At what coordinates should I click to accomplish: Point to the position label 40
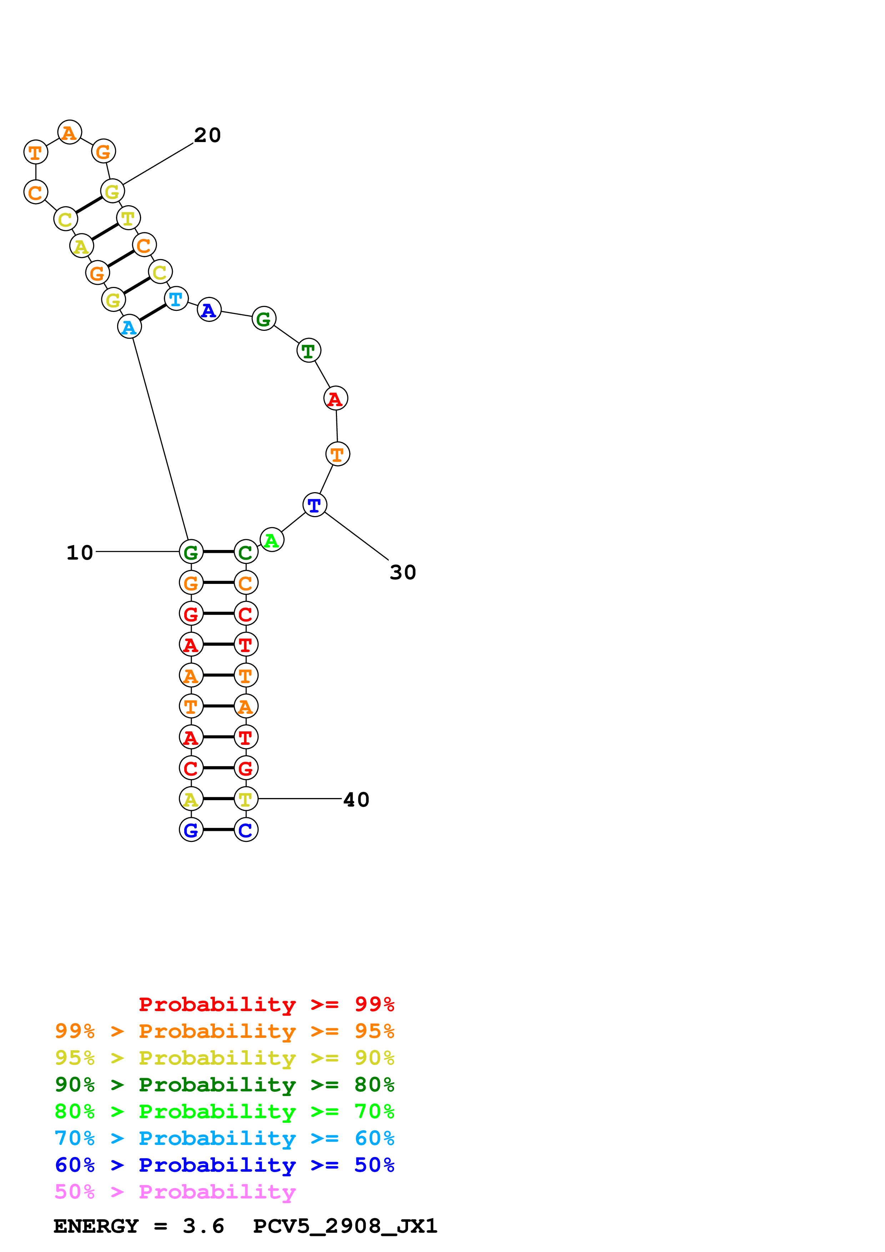tap(356, 800)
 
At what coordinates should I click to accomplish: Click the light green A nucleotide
tap(272, 540)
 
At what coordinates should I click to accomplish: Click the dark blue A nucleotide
tap(209, 310)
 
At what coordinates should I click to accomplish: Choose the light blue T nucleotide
tap(176, 299)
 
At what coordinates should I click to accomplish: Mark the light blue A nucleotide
tap(129, 327)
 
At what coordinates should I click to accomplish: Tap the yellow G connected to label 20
tap(112, 191)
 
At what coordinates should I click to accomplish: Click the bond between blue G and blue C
tap(218, 829)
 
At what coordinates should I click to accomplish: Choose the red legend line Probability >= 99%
tap(266, 1004)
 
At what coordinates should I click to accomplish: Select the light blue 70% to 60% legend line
tap(224, 1138)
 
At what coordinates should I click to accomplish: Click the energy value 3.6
tap(203, 1226)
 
